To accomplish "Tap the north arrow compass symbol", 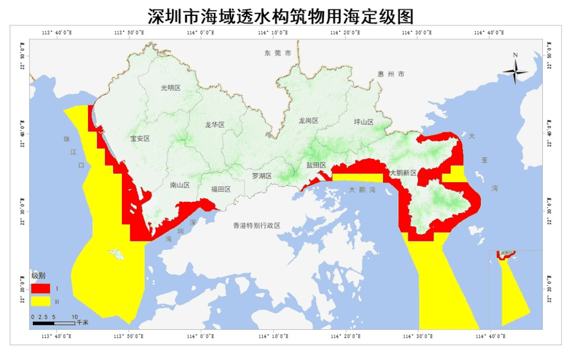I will [x=515, y=70].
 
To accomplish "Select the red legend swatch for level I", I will [x=40, y=289].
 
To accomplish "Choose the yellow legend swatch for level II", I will [x=40, y=301].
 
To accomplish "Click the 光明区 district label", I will [x=171, y=88].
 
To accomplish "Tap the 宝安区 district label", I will [x=140, y=139].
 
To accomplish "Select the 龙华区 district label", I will [x=215, y=125].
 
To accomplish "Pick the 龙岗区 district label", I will [x=308, y=121].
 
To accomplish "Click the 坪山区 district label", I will [x=364, y=122].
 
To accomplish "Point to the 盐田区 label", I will [x=316, y=165].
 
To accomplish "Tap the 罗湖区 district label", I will [x=262, y=176].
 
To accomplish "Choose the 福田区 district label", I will [x=221, y=189].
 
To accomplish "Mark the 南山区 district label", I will [x=180, y=185].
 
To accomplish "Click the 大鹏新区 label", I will [x=403, y=173].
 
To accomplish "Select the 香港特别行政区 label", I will [x=257, y=226].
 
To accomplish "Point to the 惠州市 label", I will [x=391, y=74].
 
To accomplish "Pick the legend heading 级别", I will [x=38, y=276].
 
